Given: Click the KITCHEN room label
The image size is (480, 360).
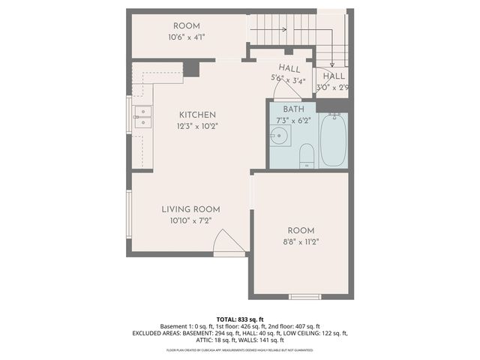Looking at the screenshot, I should point(197,115).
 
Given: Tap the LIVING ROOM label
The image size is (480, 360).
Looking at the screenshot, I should point(190,209).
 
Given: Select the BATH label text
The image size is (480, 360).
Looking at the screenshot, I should point(293,109).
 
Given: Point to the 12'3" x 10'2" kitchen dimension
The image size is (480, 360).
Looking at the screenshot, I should point(197,126).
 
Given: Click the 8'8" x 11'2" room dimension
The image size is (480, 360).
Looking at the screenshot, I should point(300,241).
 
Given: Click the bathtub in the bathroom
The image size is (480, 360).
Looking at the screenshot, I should point(332,140).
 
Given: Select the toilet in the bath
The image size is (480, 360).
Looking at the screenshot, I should point(306,156).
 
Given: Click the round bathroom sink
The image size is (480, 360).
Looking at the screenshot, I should point(280,136).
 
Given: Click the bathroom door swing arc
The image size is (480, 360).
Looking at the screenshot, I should point(285,90).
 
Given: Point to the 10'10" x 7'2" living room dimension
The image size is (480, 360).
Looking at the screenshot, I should point(190,220).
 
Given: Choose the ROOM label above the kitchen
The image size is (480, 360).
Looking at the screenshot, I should point(186,26).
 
